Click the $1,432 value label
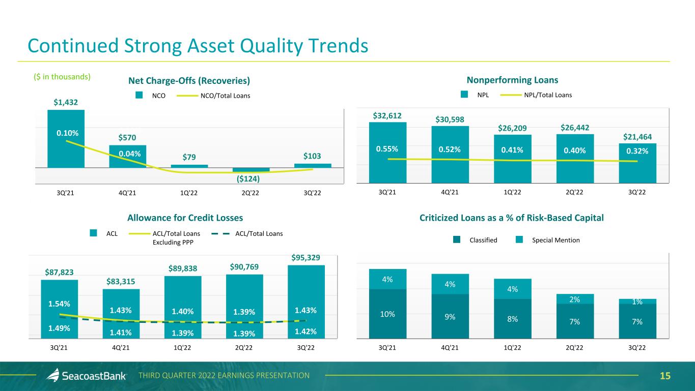tap(66, 102)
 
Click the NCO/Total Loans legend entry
tap(218, 95)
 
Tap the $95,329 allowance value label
tap(306, 258)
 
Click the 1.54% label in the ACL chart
tap(59, 304)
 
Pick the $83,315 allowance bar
tap(121, 313)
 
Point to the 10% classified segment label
tap(388, 314)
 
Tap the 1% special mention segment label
tap(637, 302)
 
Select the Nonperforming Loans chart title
tap(512, 80)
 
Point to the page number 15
tap(665, 376)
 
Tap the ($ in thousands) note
tap(59, 77)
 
